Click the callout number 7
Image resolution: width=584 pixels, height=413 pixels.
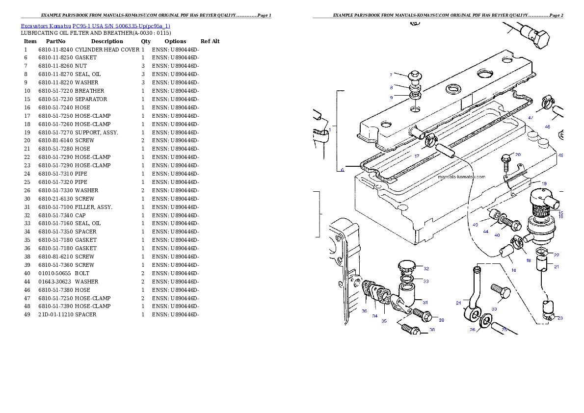pos(391,75)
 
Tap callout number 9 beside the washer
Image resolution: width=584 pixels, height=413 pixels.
pos(392,98)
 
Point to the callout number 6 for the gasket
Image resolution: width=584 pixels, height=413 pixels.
pos(343,170)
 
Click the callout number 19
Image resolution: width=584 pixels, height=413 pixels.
pos(544,183)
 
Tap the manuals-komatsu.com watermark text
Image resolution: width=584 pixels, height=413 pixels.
pos(461,177)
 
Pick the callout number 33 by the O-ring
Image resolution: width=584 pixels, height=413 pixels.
pos(426,281)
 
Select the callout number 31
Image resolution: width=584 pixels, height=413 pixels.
pos(425,302)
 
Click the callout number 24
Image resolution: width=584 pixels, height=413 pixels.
pos(458,303)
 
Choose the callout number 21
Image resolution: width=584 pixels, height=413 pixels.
pos(556,267)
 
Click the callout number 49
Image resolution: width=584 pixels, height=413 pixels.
pos(475,225)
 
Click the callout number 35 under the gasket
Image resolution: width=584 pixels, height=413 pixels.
pos(384,321)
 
